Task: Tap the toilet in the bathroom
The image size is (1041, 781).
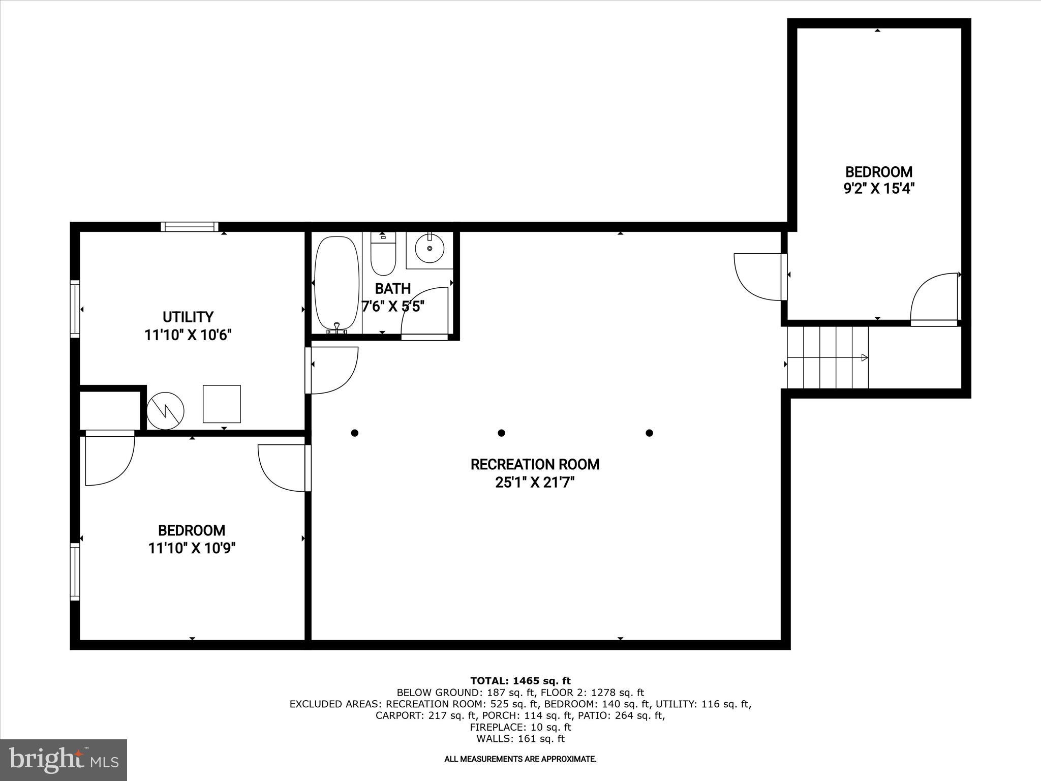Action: click(383, 255)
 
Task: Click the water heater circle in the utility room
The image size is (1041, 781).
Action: click(165, 410)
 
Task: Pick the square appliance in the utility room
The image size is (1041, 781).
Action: click(222, 404)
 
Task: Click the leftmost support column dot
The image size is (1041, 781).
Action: click(355, 433)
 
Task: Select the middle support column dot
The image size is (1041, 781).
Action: click(501, 433)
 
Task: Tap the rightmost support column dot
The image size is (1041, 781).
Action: click(649, 433)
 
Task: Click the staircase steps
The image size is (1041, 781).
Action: click(827, 357)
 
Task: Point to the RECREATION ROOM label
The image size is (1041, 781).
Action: click(535, 464)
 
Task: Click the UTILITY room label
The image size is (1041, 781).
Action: click(188, 317)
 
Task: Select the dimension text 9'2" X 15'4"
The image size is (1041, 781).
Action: click(879, 189)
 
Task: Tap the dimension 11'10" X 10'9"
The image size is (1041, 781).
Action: click(192, 549)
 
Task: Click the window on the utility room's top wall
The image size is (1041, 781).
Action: click(190, 227)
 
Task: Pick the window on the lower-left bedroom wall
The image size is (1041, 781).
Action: click(75, 572)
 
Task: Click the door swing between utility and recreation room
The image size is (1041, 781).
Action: click(333, 370)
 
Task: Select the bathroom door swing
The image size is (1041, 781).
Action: click(424, 313)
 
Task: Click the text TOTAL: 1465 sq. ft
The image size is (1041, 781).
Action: click(520, 681)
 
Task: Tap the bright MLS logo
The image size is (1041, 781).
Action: click(64, 760)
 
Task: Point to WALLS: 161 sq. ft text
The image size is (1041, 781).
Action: click(520, 739)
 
